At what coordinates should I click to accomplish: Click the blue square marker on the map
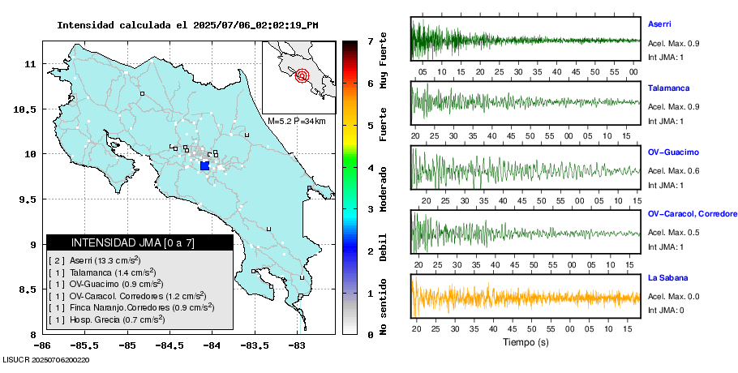coord(204,165)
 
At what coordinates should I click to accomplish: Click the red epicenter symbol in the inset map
coord(302,76)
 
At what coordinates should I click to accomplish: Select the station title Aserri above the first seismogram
coord(659,24)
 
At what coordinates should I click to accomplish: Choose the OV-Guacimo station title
coord(673,152)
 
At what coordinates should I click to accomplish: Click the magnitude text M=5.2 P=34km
coord(296,121)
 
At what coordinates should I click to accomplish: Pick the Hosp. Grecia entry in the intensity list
coord(105,319)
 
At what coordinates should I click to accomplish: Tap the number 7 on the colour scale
coord(370,41)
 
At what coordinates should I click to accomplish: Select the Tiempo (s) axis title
coord(525,343)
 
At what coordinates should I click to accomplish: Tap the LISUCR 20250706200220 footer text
coord(46,359)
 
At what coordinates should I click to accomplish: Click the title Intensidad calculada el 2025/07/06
coord(187,25)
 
